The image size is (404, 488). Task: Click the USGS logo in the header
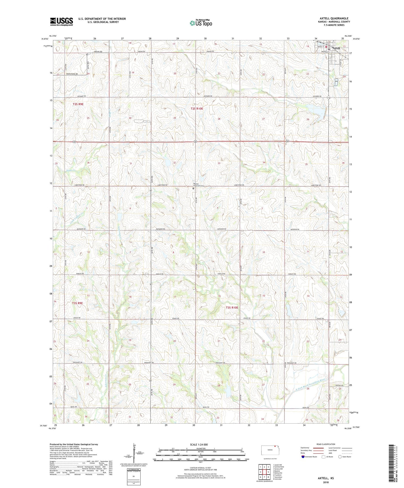click(x=61, y=22)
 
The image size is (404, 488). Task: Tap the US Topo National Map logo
click(x=201, y=23)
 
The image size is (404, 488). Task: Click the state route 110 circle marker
click(x=329, y=97)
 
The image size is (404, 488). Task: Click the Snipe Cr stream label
click(x=70, y=170)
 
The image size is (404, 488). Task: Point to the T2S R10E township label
click(x=197, y=108)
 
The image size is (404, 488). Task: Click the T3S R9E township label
click(x=77, y=303)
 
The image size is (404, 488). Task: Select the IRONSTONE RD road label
click(x=72, y=74)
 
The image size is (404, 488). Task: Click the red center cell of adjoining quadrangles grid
click(x=264, y=472)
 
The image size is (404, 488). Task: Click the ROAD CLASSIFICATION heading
click(x=326, y=444)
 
